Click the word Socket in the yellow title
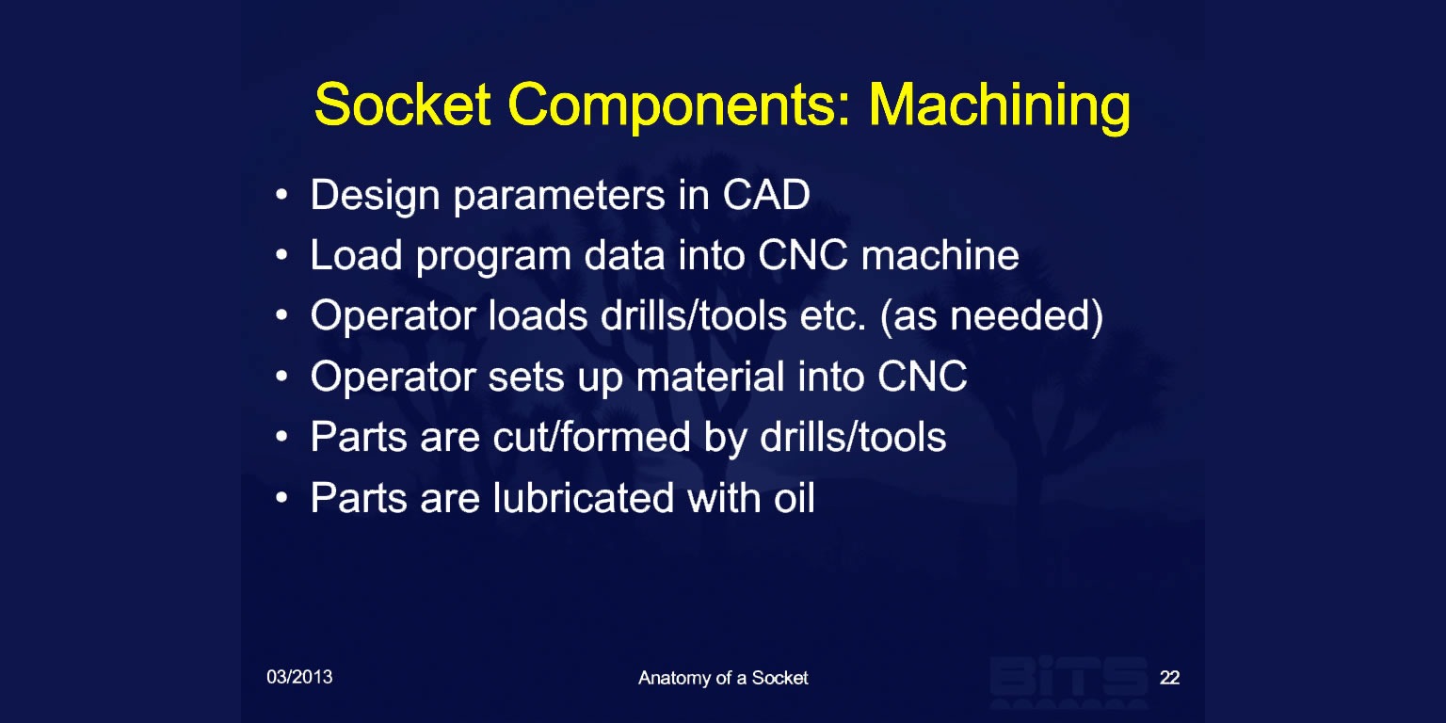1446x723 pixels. [403, 104]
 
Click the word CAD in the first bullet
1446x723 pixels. [766, 194]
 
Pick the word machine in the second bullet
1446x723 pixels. [940, 255]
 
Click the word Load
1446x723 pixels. [357, 255]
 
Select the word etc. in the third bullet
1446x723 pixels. [833, 316]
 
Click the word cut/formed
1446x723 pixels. [592, 437]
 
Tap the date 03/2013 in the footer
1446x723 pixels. [299, 677]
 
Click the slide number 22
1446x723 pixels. [1170, 677]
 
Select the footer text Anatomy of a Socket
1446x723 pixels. [723, 678]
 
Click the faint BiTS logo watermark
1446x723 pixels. [1068, 681]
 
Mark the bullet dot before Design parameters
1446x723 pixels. [281, 194]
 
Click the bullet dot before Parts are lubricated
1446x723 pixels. [281, 498]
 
